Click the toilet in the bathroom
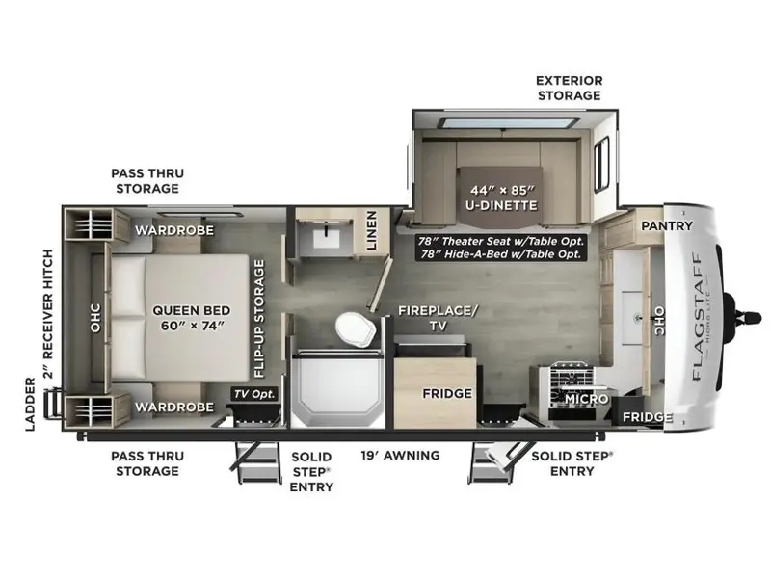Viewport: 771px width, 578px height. tap(355, 328)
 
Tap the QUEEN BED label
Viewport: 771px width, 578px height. tap(191, 310)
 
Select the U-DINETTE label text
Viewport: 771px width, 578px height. tap(501, 205)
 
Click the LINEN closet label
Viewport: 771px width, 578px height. tap(372, 230)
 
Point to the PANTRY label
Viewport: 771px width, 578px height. tap(667, 225)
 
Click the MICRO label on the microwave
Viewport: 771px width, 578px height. tap(587, 399)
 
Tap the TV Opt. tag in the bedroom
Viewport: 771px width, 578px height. tap(254, 394)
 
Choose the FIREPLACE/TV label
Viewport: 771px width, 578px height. tap(438, 318)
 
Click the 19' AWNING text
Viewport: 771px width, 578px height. tap(400, 456)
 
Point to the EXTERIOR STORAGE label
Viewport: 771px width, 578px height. tap(570, 88)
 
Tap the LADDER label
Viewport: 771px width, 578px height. tap(31, 405)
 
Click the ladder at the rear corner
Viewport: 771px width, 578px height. tap(53, 403)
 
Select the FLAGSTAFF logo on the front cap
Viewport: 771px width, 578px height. tap(697, 317)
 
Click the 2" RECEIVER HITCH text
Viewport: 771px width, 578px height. tap(47, 314)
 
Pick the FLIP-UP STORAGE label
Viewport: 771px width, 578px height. tap(259, 319)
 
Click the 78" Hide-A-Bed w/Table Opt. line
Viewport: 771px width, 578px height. tap(501, 254)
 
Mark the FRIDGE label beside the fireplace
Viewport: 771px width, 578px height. tap(447, 393)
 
